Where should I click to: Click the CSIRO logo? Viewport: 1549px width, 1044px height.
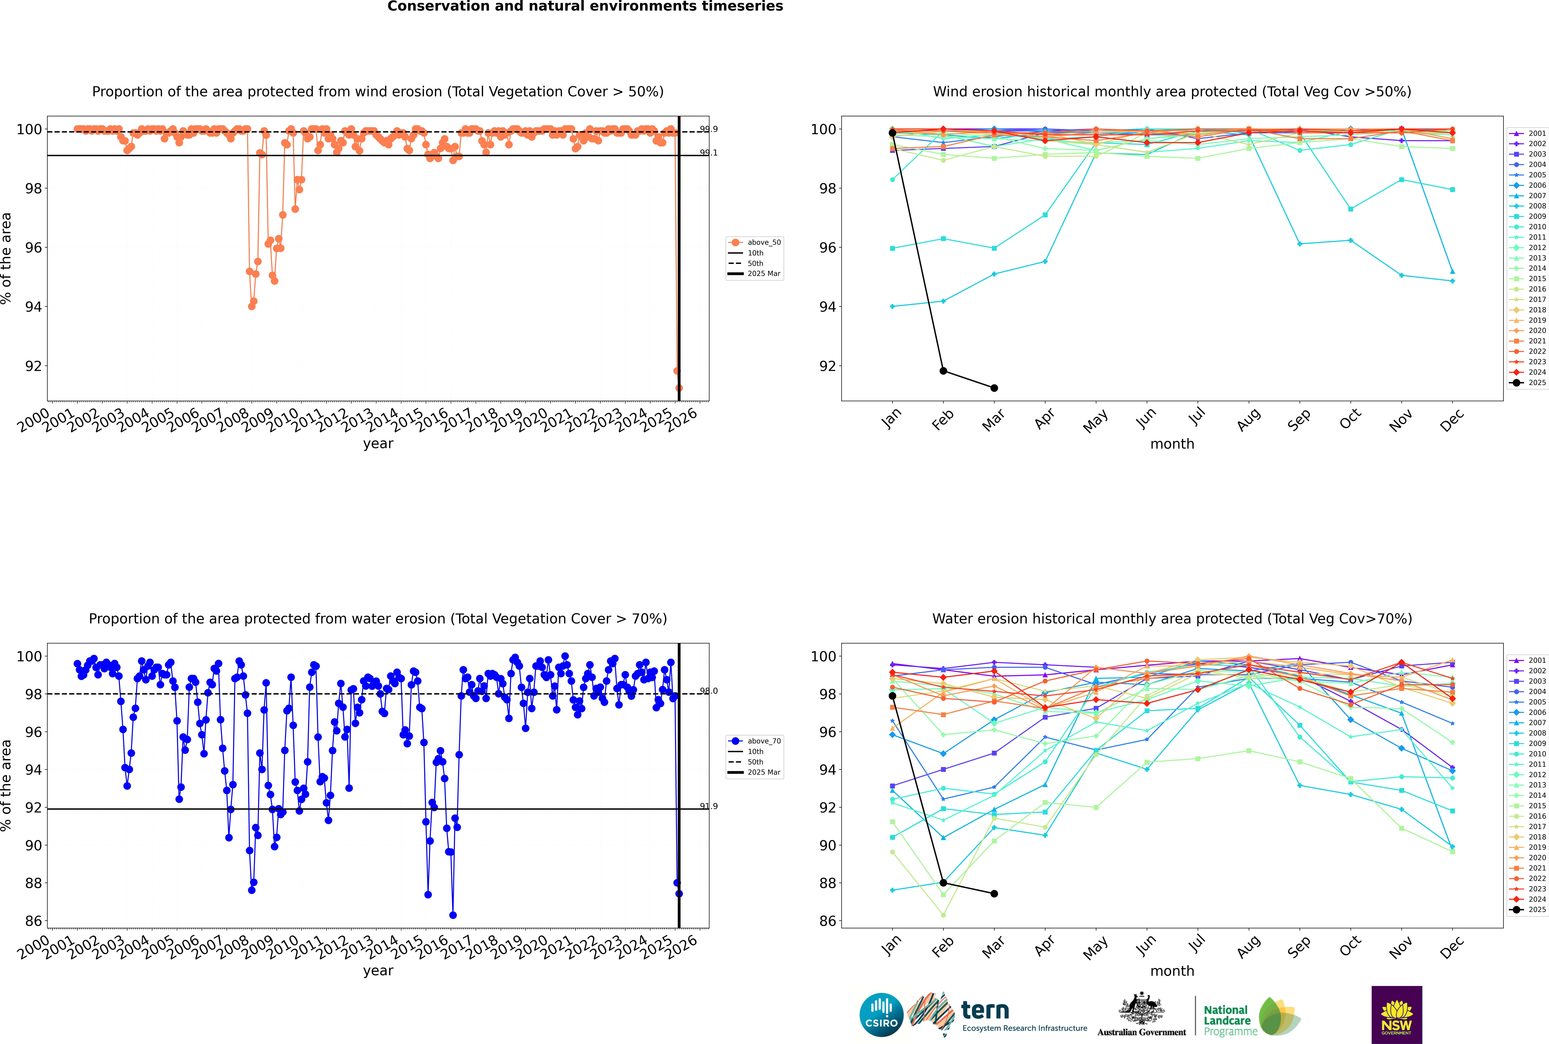[x=881, y=1015]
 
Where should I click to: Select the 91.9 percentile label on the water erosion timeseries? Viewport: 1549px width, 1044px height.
[x=709, y=806]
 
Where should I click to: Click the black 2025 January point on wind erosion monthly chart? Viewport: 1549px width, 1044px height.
[x=892, y=133]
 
